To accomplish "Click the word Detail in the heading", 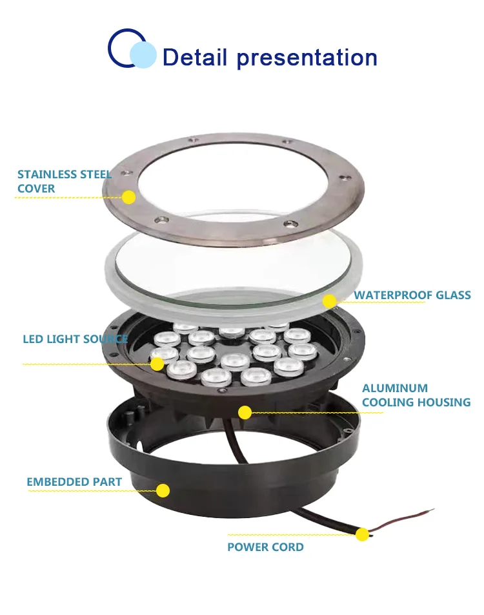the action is point(196,57).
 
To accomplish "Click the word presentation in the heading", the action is point(307,58).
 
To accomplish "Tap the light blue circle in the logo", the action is point(143,54).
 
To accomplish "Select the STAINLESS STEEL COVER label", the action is point(64,182).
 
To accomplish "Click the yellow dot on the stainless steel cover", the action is point(129,197).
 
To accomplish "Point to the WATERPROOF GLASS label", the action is point(412,296).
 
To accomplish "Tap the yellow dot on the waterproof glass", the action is point(329,301).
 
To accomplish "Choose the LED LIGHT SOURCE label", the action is point(75,339).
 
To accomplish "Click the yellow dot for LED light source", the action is point(157,364).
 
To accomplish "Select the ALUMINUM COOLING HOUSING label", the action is point(416,395).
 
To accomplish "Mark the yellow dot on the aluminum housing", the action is point(245,412).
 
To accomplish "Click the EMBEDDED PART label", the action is point(74,482).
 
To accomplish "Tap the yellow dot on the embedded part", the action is point(163,490).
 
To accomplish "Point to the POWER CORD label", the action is point(265,547).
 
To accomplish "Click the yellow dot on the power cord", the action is point(362,534).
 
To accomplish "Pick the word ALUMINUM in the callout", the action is point(395,388).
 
